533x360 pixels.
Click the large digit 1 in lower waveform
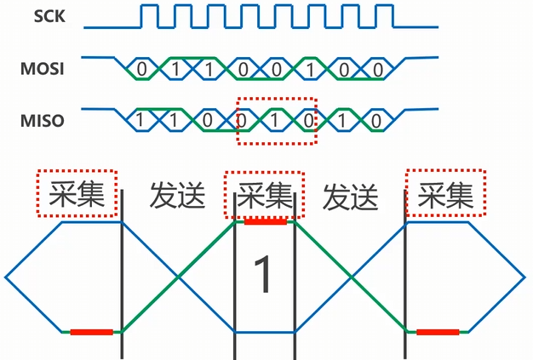click(x=264, y=276)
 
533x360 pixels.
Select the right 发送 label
click(x=350, y=196)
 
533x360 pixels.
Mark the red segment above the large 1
click(x=266, y=221)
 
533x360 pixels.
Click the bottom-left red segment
click(x=91, y=331)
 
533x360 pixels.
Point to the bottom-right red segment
click(x=438, y=331)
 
